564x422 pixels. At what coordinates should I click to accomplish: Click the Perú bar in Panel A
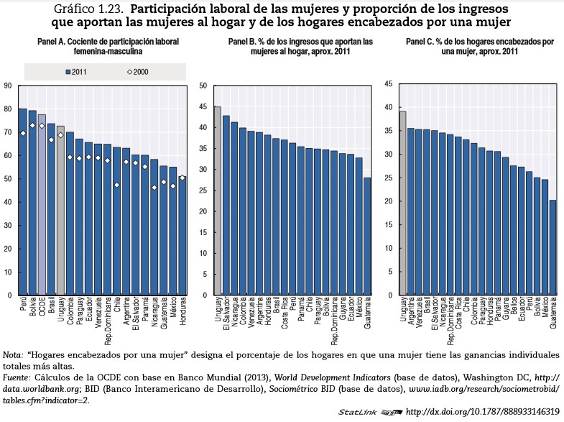coord(23,202)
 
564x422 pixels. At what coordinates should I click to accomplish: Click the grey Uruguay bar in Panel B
coord(217,201)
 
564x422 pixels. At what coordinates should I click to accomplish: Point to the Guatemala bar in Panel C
coord(553,247)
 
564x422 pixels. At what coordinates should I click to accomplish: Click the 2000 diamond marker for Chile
coord(116,185)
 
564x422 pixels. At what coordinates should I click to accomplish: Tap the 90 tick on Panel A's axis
coord(8,86)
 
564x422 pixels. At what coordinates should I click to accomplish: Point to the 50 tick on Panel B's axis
coord(203,86)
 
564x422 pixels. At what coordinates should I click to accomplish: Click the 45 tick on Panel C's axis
coord(388,84)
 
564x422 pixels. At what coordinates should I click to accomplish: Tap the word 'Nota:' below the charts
coord(13,355)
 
